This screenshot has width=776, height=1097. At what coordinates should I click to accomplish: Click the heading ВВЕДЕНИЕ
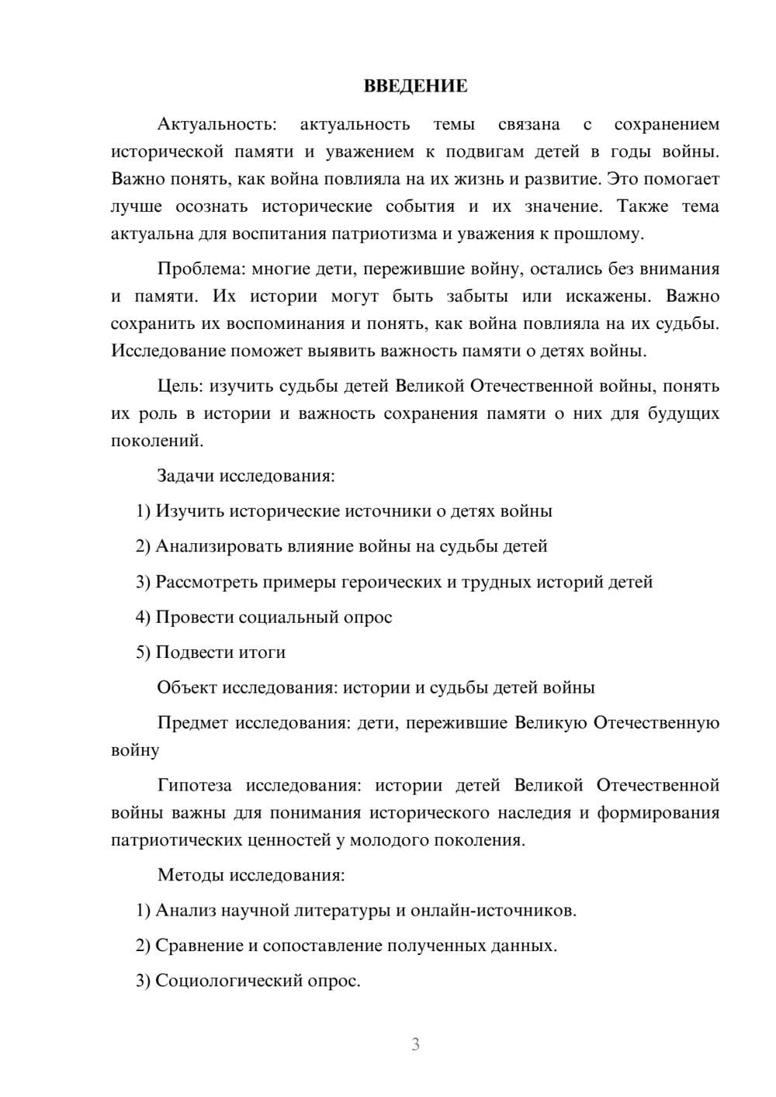coord(415,86)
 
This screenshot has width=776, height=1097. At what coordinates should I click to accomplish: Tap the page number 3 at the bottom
coord(415,1044)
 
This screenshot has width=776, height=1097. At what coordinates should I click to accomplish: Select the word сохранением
coord(666,124)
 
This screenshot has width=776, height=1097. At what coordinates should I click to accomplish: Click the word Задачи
coord(185,476)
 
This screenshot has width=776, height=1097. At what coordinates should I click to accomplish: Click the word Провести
coord(194,618)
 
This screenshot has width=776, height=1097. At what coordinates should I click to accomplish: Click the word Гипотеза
coord(194,785)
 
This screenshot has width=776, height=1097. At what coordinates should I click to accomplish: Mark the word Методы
coord(189,875)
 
